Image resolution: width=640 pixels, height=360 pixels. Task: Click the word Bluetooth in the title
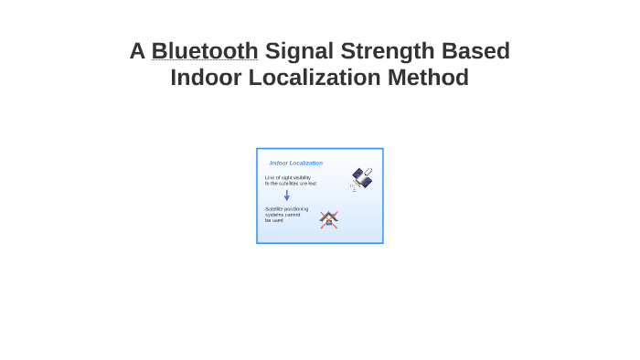(x=205, y=51)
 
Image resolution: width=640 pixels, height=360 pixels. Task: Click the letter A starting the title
(x=137, y=51)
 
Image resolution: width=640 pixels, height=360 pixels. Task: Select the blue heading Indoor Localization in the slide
(x=296, y=163)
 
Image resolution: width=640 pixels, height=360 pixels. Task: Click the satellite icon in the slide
(x=363, y=176)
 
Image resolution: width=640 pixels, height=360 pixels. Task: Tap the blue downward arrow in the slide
(x=286, y=195)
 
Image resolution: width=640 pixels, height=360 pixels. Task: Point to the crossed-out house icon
(x=329, y=219)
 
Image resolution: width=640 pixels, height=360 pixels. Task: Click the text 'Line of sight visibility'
(x=288, y=177)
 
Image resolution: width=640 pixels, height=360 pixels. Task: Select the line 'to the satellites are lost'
(x=291, y=184)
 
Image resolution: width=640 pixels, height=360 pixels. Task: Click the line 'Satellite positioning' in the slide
(x=286, y=209)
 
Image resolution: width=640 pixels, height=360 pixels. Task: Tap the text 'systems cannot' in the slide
(x=283, y=215)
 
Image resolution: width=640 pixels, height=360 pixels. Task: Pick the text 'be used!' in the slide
(x=274, y=220)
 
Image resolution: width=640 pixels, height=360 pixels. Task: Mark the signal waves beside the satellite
(x=353, y=187)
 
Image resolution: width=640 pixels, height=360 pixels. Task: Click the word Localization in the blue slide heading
(x=306, y=163)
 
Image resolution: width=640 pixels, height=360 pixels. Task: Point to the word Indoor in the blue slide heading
(x=279, y=163)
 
